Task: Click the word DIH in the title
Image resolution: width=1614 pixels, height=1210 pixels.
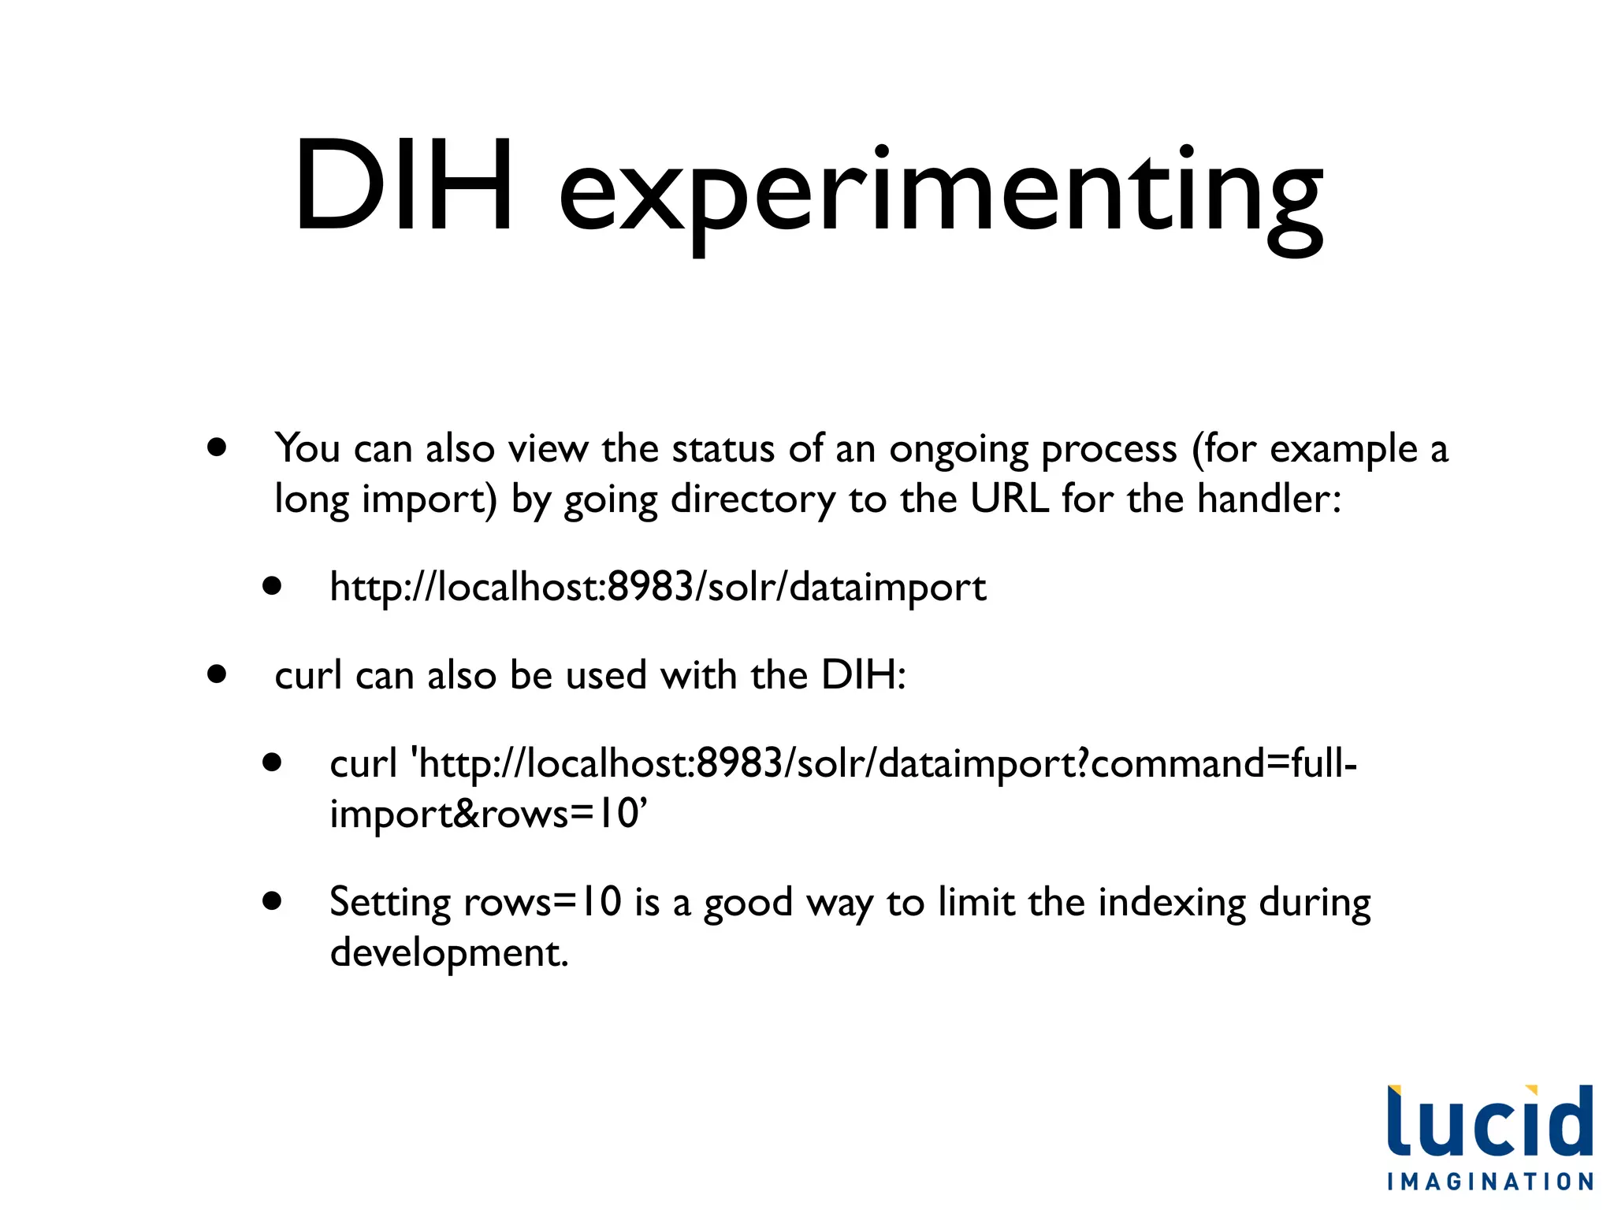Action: pos(403,187)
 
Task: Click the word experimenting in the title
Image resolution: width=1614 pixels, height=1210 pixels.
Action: pos(941,193)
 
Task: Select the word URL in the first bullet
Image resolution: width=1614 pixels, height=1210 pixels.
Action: pos(1009,499)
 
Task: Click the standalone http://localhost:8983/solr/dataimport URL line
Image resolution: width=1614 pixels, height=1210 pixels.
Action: pos(657,588)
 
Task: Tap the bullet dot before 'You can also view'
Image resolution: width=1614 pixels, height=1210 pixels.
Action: pos(217,448)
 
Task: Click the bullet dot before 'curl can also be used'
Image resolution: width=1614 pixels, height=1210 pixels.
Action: pos(217,674)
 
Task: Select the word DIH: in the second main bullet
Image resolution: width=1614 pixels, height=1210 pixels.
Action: pos(863,675)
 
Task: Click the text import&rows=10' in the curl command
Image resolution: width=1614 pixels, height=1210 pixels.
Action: pos(488,814)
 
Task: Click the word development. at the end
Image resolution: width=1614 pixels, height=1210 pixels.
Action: pos(448,953)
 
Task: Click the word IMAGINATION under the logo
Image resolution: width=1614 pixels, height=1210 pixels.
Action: pos(1490,1182)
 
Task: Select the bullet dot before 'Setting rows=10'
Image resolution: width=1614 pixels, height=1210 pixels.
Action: pos(273,900)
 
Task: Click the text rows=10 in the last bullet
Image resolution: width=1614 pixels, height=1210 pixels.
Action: pos(542,903)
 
